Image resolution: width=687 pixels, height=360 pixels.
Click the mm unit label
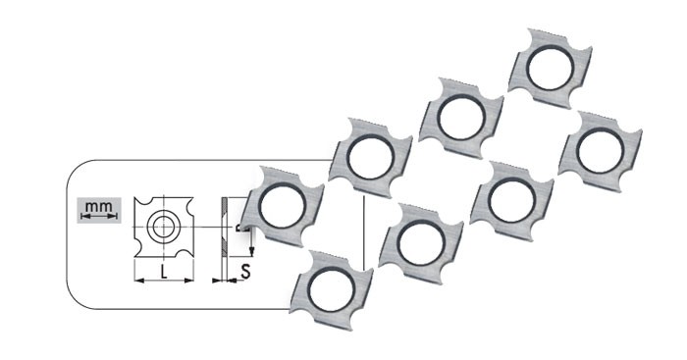click(98, 206)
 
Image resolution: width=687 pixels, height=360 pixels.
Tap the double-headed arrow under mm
click(99, 215)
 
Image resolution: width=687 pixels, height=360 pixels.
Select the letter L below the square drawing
click(164, 272)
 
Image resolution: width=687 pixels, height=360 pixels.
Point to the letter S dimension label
click(245, 271)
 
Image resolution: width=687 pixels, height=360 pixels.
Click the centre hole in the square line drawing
click(164, 227)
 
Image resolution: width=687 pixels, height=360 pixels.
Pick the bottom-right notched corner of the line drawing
click(187, 250)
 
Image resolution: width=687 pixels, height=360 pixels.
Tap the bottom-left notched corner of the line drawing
click(140, 250)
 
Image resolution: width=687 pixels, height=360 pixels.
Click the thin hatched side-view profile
click(225, 227)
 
